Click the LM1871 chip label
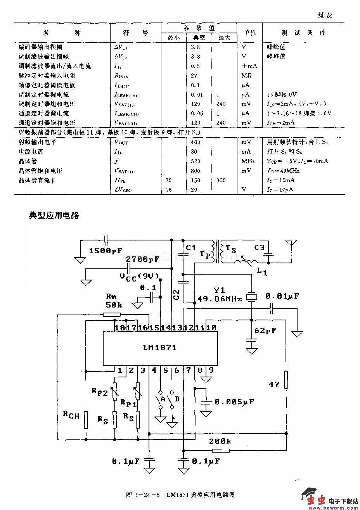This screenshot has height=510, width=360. (160, 348)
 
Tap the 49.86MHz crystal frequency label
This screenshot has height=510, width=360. (220, 299)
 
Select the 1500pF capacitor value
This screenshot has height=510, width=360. (106, 251)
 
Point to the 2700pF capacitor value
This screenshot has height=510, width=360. (142, 259)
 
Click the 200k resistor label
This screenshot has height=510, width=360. (220, 441)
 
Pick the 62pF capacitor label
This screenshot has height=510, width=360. (265, 330)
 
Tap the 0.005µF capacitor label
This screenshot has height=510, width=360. (234, 402)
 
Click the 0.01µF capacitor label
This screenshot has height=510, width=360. (282, 296)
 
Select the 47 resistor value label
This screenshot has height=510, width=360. (274, 384)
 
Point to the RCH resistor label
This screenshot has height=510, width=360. (71, 415)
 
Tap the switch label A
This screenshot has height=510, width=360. (163, 399)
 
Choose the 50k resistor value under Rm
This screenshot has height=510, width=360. (114, 305)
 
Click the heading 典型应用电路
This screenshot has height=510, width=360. (54, 216)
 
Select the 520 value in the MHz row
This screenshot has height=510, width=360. (196, 161)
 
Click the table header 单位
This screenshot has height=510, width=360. (249, 33)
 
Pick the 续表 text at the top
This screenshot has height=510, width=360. (325, 15)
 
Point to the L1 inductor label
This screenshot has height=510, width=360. (262, 272)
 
